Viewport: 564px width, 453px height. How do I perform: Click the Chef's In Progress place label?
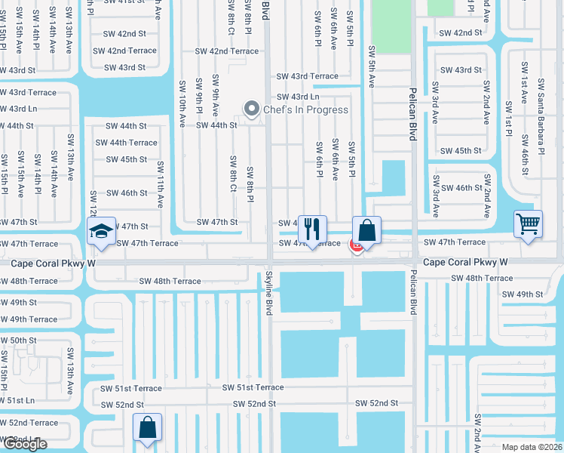[x=305, y=109]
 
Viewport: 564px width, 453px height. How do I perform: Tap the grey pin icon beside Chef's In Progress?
[x=252, y=109]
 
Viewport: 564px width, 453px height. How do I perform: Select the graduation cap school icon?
[x=101, y=233]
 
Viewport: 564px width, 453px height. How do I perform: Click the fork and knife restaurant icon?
[x=311, y=228]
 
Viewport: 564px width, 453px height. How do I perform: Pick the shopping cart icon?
[x=528, y=223]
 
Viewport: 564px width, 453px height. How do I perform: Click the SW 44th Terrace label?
[x=126, y=143]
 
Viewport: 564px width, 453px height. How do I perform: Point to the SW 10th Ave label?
[x=182, y=103]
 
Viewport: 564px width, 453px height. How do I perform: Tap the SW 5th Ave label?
[x=372, y=66]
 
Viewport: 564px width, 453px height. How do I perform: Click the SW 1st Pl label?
[x=508, y=120]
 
